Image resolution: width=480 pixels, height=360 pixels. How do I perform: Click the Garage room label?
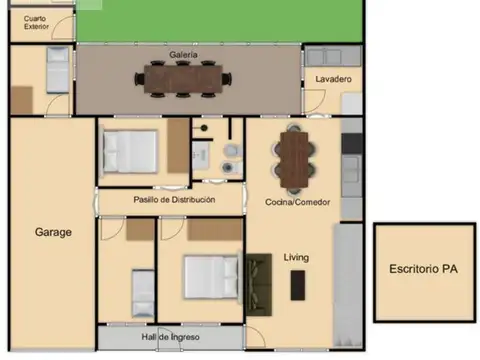(x=53, y=232)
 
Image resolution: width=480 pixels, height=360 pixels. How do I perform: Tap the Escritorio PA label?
(x=423, y=269)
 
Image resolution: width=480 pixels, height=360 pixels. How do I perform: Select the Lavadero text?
(x=333, y=79)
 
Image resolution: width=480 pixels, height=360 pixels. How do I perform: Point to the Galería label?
(x=183, y=55)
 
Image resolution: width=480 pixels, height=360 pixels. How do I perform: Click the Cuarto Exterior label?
(x=36, y=22)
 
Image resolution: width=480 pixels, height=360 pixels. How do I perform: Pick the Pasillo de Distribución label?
(x=174, y=200)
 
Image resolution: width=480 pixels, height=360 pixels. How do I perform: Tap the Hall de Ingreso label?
(x=170, y=337)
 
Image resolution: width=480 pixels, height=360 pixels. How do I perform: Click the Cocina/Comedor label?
(x=298, y=202)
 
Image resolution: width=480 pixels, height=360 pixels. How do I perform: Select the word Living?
(x=296, y=257)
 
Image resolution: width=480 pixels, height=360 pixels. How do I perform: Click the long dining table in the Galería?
(x=183, y=79)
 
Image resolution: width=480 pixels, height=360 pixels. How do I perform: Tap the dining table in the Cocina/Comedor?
(x=294, y=159)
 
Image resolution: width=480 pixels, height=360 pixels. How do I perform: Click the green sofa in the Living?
(x=259, y=285)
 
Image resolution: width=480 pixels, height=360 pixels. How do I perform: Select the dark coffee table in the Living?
(x=298, y=285)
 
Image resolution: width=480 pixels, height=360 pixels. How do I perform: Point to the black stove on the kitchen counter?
(x=352, y=144)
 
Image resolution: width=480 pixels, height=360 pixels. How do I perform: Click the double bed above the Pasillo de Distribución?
(x=130, y=152)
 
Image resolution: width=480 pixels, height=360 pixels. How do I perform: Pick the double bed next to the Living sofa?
(x=211, y=277)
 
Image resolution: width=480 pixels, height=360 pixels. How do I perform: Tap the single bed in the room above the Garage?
(x=58, y=70)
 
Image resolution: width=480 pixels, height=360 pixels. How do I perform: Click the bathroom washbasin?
(x=201, y=155)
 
